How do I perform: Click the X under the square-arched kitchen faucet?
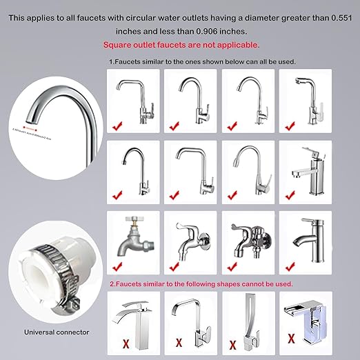[x=179, y=340]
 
